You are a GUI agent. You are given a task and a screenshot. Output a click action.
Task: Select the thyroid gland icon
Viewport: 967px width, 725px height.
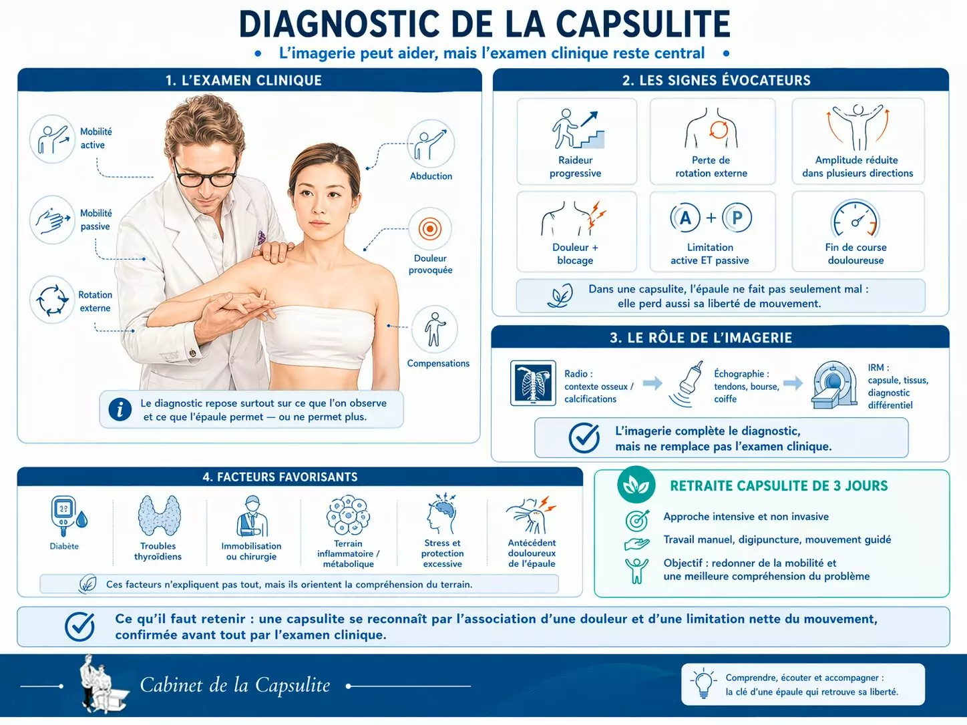coord(159,515)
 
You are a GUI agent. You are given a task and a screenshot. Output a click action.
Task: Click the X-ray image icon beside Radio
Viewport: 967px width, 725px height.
coord(533,383)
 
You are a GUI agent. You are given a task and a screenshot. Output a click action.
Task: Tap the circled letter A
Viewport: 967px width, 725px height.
coord(685,218)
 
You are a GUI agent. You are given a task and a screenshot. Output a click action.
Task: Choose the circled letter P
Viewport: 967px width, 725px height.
coord(737,218)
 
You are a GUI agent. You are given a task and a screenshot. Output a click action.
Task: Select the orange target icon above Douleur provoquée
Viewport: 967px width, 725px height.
coord(430,229)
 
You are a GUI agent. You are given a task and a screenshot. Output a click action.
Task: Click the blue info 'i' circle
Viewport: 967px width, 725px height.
coord(120,410)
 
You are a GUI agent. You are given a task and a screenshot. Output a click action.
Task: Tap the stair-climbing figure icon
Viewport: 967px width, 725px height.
coord(578,129)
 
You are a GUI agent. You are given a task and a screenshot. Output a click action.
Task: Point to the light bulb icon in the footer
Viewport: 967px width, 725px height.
coord(703,684)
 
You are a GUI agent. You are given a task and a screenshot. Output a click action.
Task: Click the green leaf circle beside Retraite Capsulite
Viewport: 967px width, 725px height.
coord(636,485)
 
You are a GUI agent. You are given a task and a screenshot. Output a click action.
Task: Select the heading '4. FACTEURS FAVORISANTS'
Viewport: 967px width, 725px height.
coord(280,477)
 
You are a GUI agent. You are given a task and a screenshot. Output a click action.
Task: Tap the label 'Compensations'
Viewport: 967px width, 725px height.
coord(438,363)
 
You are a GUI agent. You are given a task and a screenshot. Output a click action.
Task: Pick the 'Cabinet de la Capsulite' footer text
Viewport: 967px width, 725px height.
coord(235,685)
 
